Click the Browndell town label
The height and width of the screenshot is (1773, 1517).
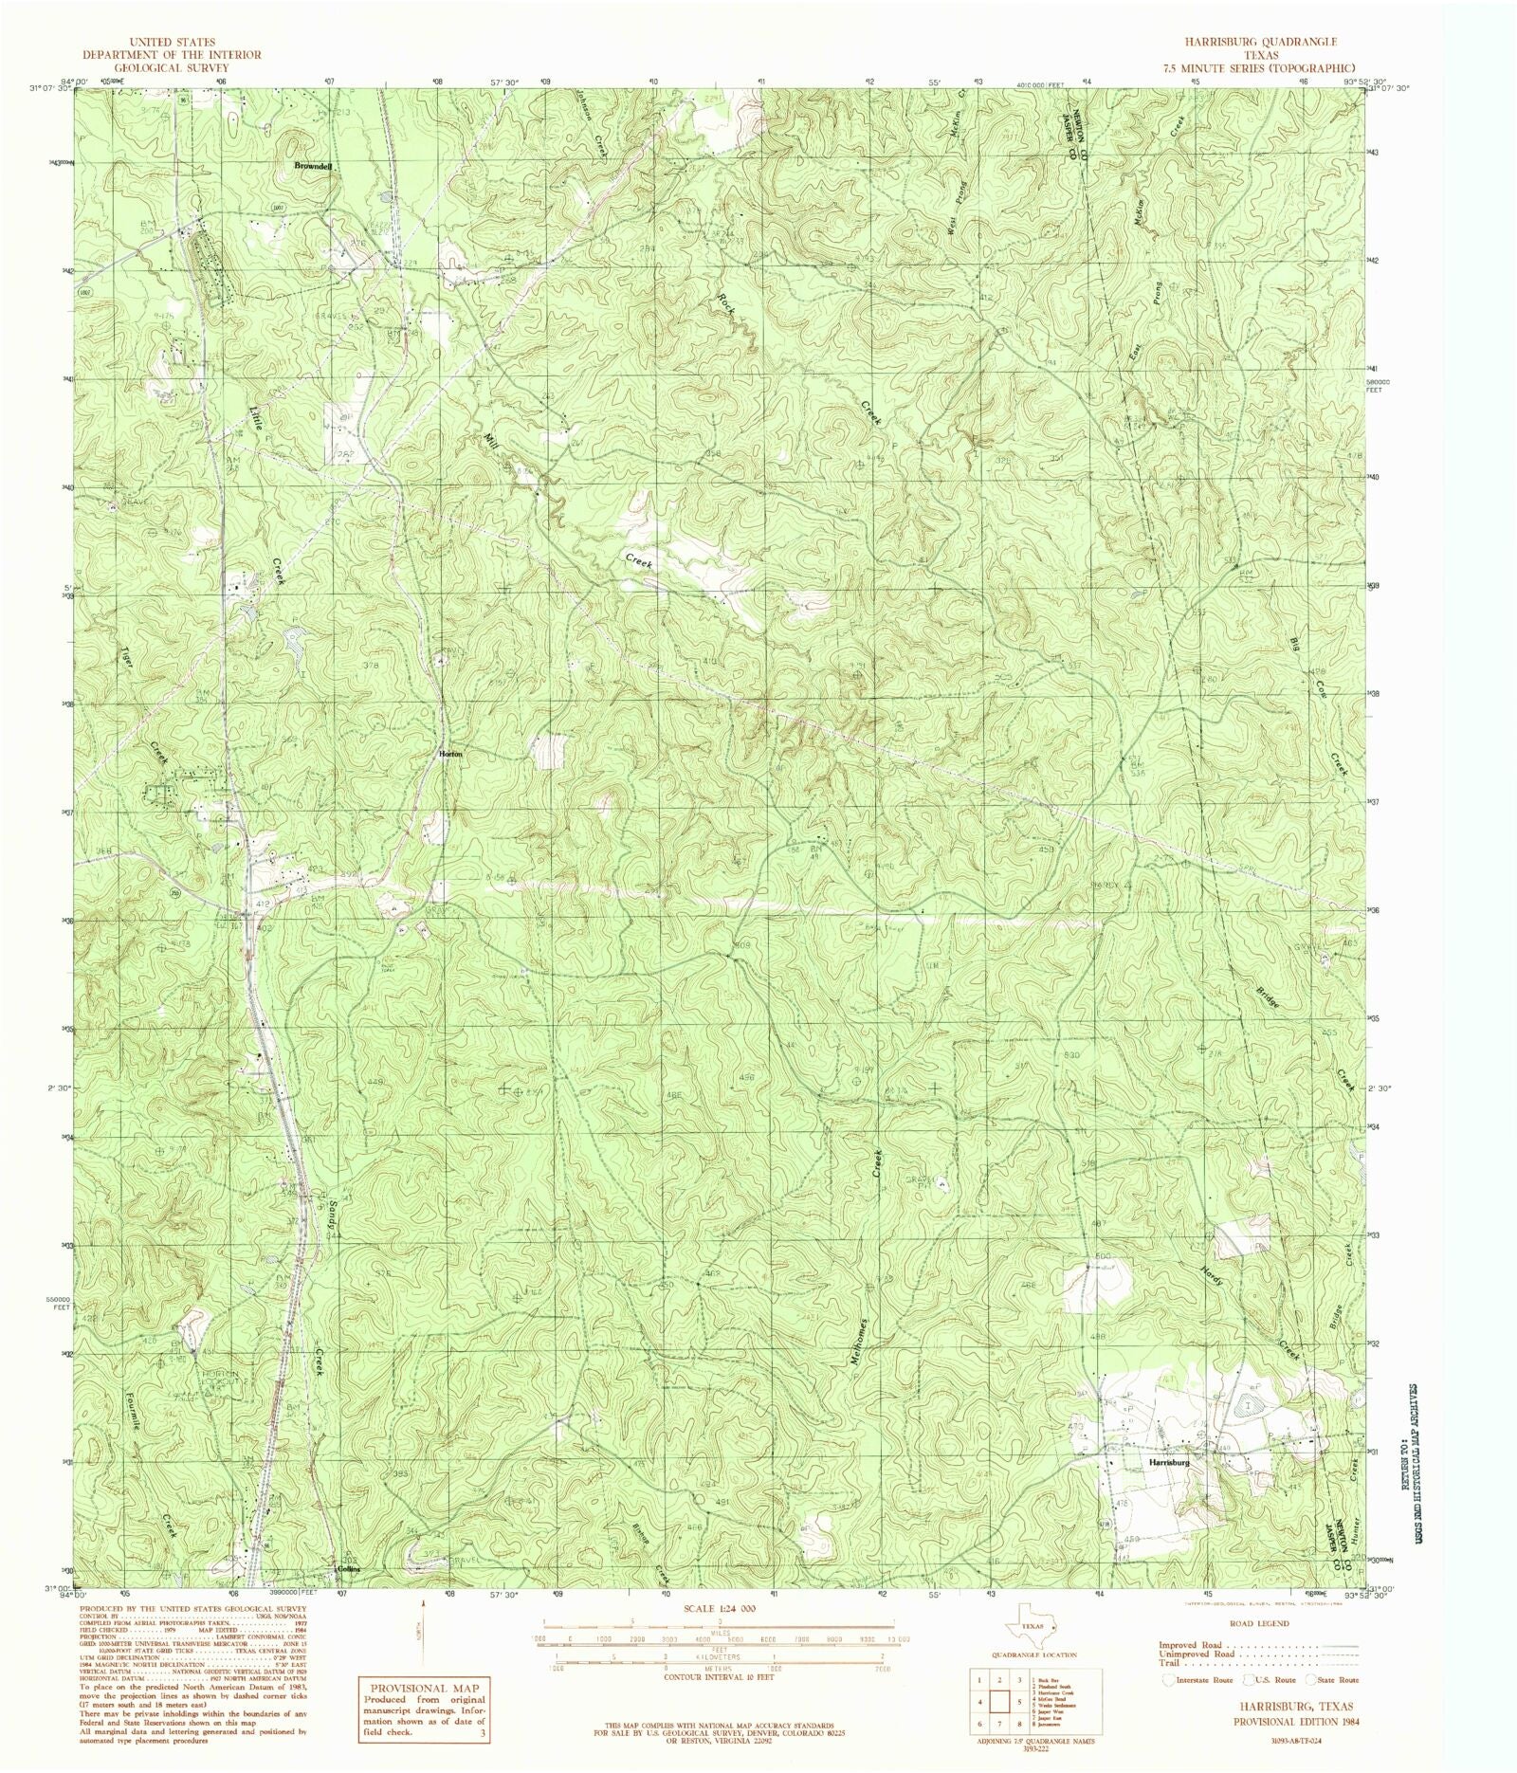[x=313, y=166]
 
